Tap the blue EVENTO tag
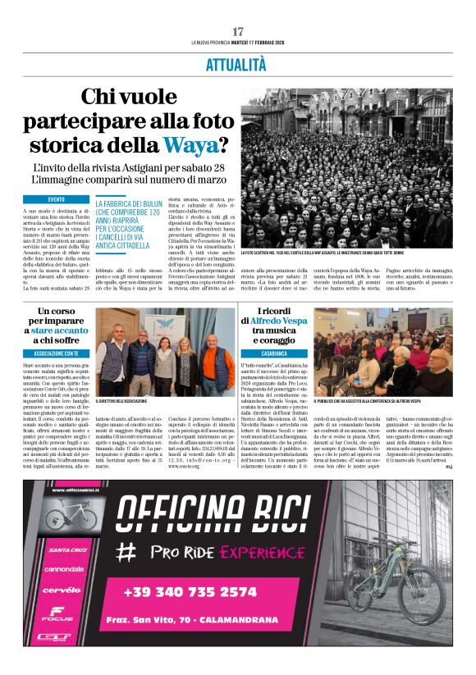point(56,199)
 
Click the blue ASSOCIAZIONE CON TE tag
point(57,353)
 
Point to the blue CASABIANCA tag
point(262,353)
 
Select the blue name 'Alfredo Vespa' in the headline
point(285,319)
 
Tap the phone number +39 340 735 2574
point(190,591)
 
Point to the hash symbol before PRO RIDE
point(129,550)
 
